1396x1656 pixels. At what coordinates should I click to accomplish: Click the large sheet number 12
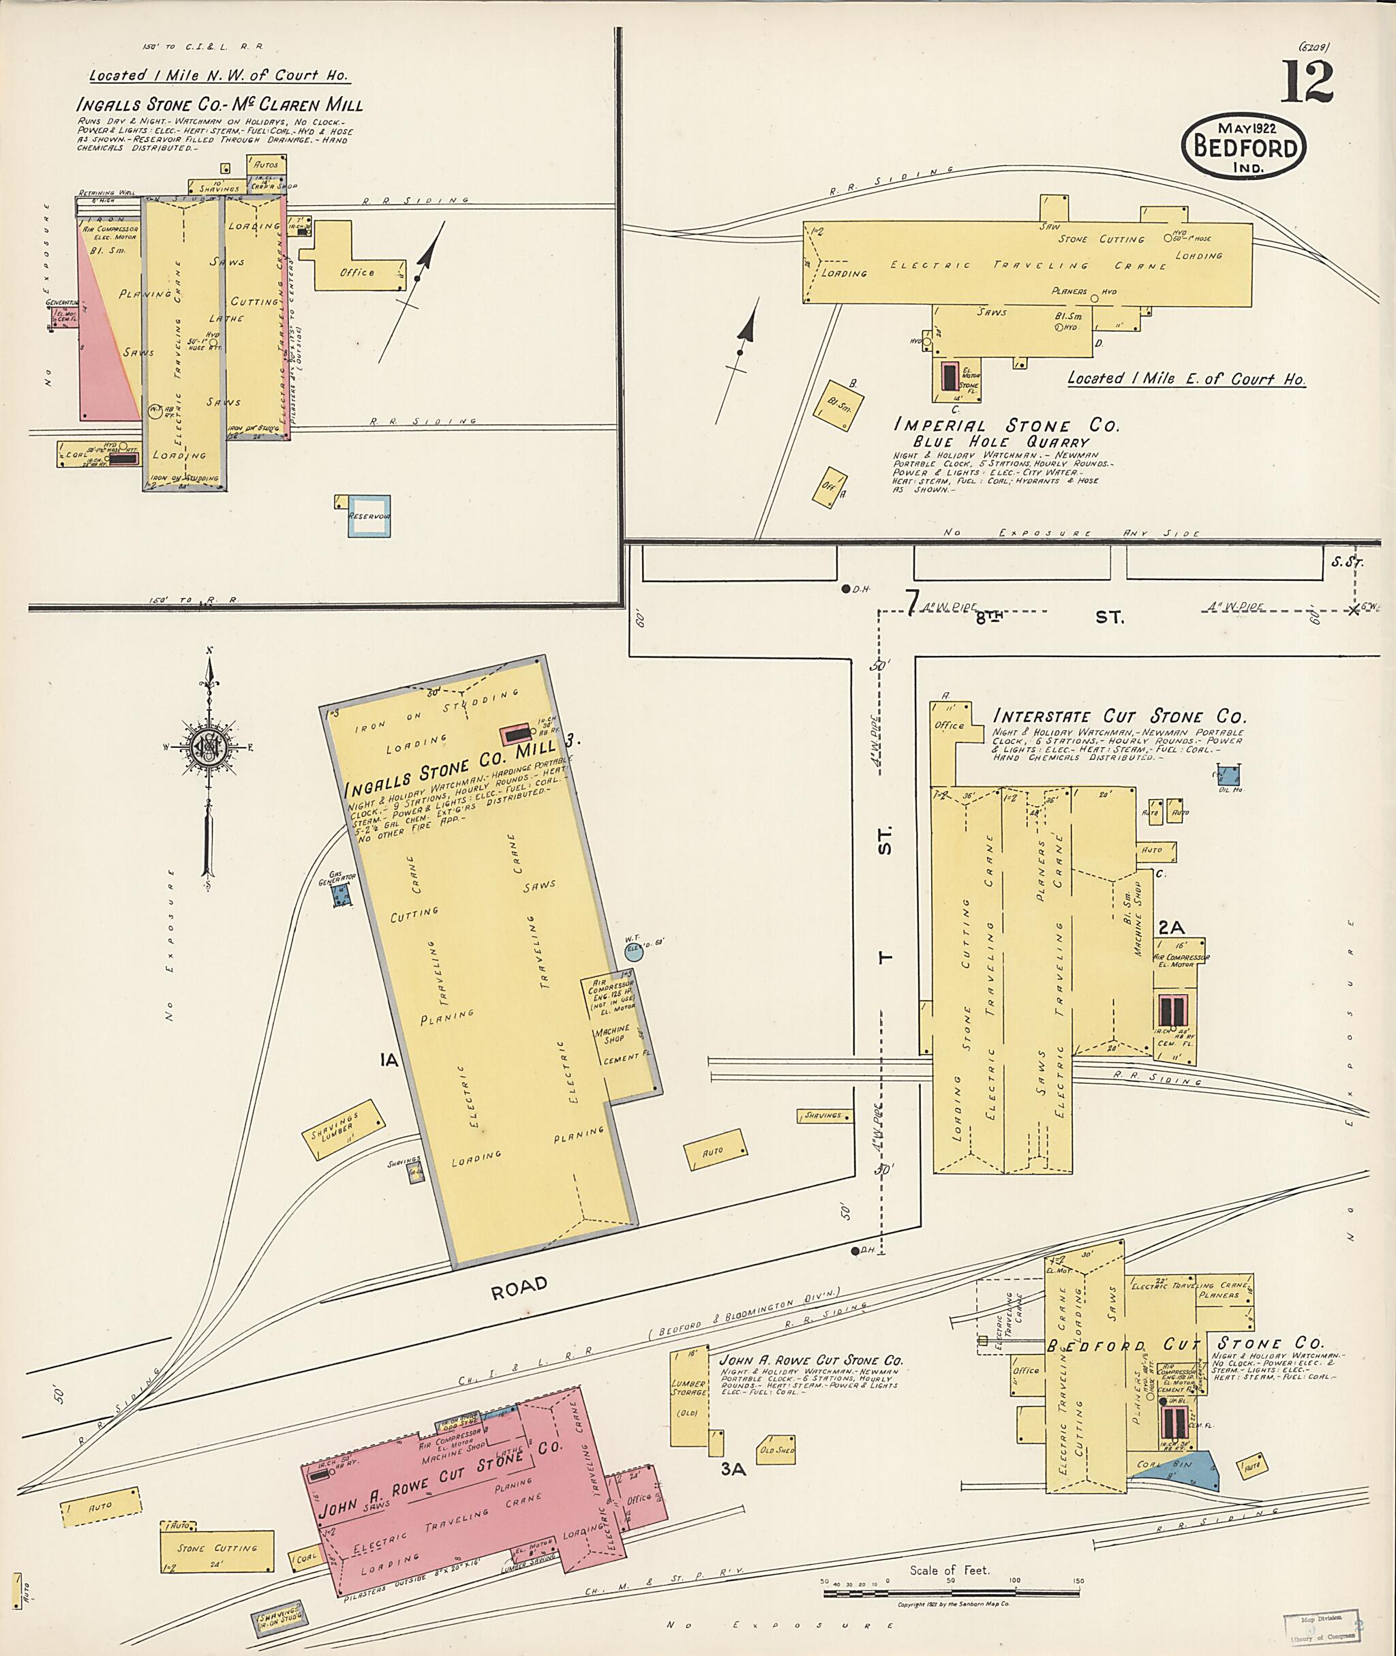1307,82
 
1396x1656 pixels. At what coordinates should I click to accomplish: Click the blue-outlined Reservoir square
369,517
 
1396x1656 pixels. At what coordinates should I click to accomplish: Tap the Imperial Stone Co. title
1006,426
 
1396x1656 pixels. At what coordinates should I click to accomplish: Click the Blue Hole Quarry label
1001,442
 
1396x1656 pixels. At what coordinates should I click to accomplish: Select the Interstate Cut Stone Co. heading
1119,717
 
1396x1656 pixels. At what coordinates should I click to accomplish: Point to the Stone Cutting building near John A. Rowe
217,1548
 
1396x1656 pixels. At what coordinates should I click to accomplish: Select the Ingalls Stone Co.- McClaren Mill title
219,105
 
